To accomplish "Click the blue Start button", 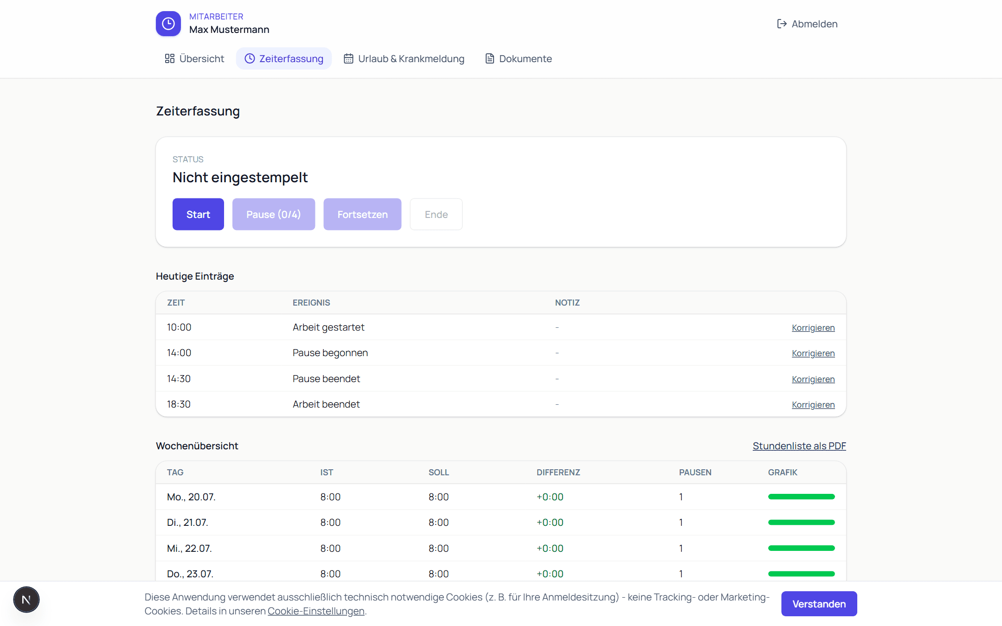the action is point(198,214).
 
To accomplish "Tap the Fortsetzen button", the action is point(362,214).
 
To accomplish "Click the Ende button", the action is point(436,214).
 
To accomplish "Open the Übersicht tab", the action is point(194,58).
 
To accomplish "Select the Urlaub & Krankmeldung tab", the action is point(404,58).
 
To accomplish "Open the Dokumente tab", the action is point(519,58).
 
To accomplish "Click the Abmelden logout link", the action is point(807,24).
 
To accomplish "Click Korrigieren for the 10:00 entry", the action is point(813,328).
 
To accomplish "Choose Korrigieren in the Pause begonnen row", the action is point(813,353).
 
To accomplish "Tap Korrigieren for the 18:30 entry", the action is point(813,405).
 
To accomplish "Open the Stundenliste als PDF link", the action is point(799,446).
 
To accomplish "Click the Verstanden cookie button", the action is point(819,604).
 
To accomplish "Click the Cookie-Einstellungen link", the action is point(316,611).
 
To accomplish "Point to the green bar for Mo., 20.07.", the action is point(802,497).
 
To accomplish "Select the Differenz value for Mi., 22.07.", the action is point(550,548).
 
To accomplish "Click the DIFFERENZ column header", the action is point(559,472).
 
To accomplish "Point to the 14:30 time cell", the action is point(179,379).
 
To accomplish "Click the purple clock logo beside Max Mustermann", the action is point(168,24).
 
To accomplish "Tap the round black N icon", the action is point(26,600).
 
